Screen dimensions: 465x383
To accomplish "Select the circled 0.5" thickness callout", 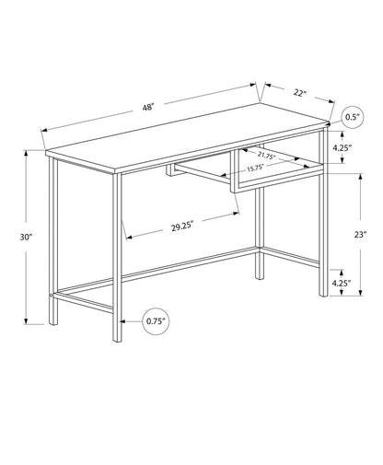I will pyautogui.click(x=350, y=117).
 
